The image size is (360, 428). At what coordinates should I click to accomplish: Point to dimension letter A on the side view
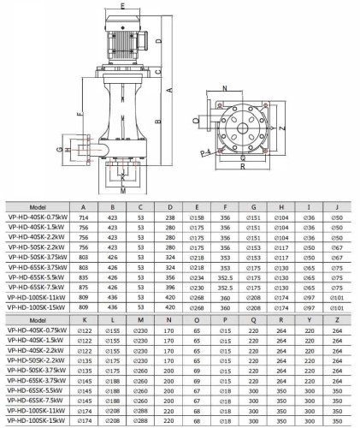point(172,88)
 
